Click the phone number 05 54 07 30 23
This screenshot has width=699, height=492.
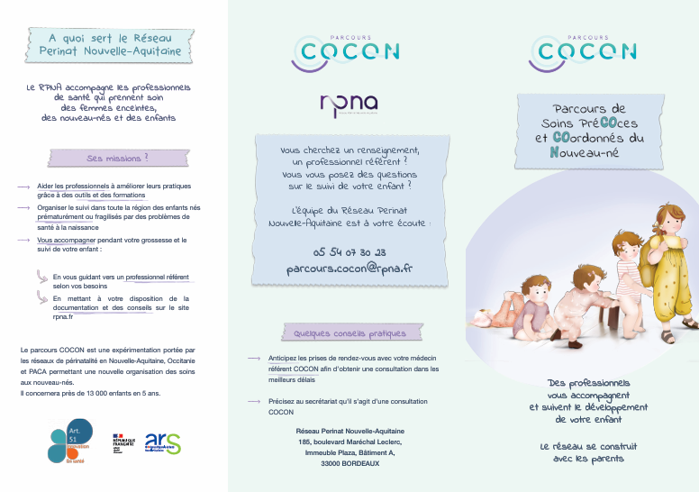coord(349,252)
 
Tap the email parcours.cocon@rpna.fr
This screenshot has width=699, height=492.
coord(349,269)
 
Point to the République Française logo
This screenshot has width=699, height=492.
coord(123,443)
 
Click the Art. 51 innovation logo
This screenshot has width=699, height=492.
coord(71,441)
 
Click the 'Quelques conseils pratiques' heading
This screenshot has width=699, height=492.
coord(344,333)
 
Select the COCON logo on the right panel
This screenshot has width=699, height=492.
coord(583,51)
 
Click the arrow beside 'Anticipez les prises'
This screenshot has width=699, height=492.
coord(253,359)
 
